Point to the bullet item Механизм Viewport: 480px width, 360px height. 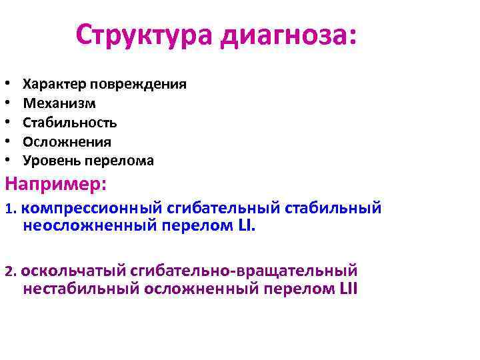(x=59, y=104)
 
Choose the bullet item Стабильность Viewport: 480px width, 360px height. (x=70, y=123)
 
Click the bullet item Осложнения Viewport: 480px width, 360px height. (x=67, y=142)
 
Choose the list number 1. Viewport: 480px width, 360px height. (x=9, y=209)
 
